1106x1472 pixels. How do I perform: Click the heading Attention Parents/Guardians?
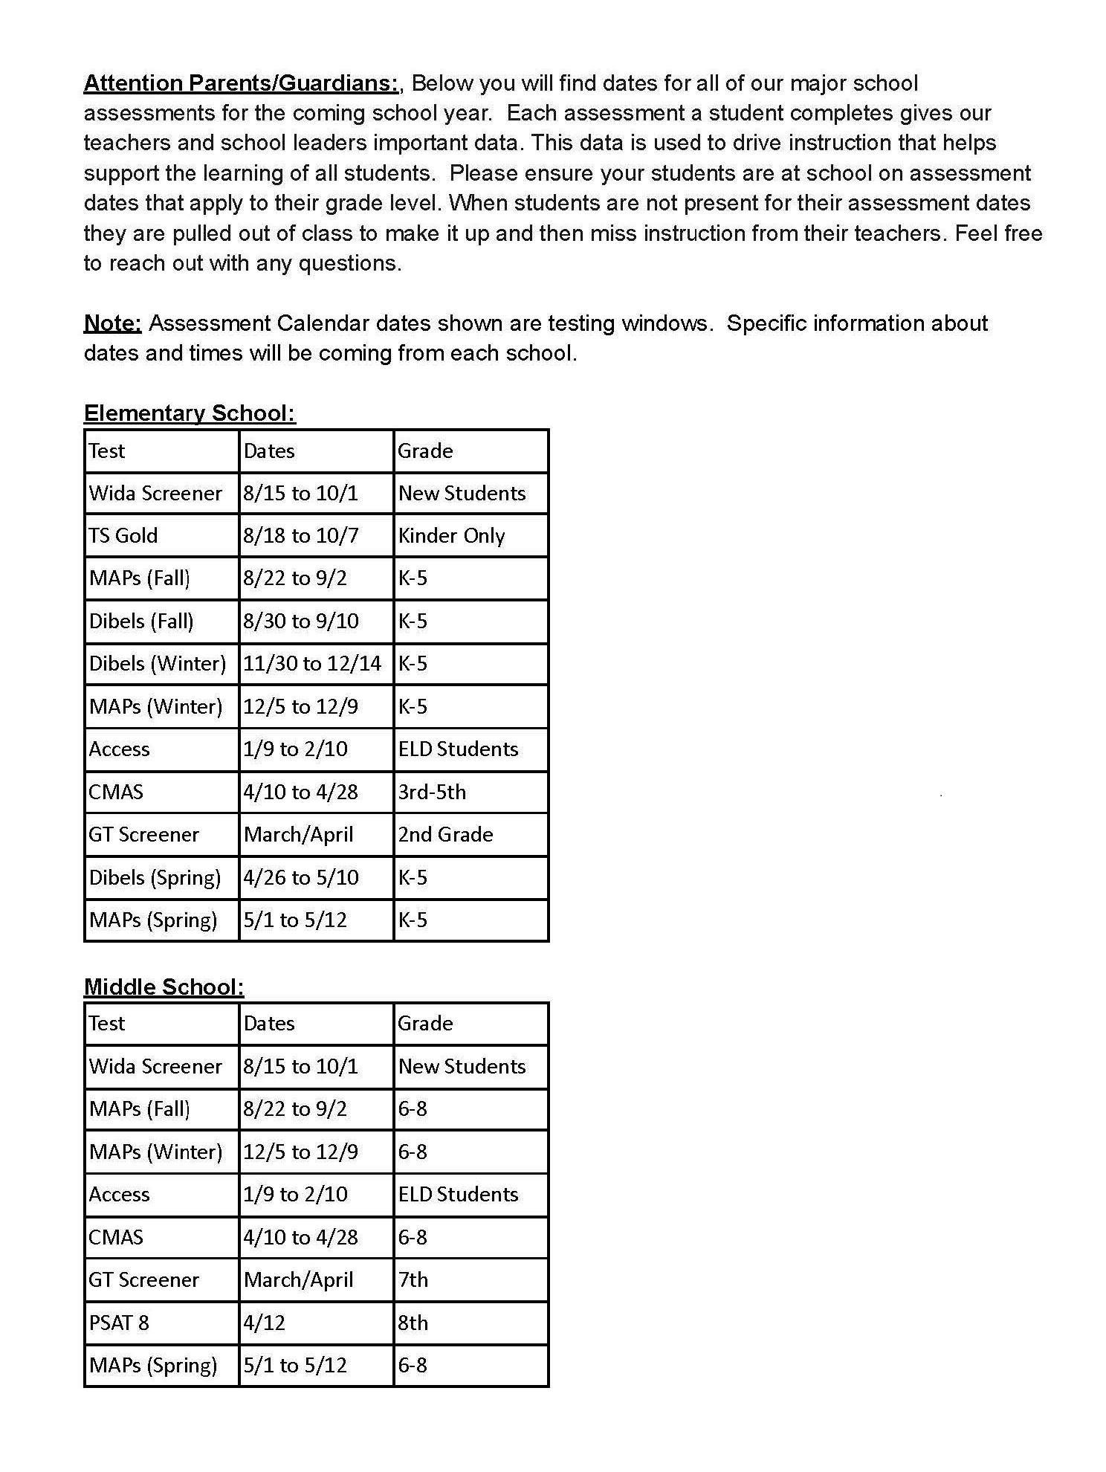tap(242, 83)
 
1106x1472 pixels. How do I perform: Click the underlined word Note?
tap(112, 323)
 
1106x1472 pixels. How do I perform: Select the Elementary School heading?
tap(190, 413)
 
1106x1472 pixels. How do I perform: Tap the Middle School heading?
tap(164, 987)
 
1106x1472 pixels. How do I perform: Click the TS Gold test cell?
tap(123, 535)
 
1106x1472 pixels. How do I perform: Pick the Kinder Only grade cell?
tap(451, 535)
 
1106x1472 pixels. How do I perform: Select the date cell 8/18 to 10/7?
tap(301, 535)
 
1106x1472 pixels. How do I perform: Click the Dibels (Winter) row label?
tap(158, 663)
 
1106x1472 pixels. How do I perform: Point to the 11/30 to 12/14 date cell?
tap(312, 663)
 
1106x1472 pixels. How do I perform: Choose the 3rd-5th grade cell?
tap(432, 792)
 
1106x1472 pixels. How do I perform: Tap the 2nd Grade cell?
tap(445, 834)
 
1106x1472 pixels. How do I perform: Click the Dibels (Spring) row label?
tap(155, 877)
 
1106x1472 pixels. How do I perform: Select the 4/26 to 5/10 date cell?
tap(301, 877)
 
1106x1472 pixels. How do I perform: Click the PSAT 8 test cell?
tap(119, 1323)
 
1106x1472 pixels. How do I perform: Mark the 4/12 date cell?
tap(264, 1323)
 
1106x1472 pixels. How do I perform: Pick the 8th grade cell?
tap(413, 1323)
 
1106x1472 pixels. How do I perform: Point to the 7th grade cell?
tap(413, 1279)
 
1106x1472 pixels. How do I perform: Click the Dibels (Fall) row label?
tap(141, 621)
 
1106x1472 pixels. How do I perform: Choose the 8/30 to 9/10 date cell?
tap(301, 621)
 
